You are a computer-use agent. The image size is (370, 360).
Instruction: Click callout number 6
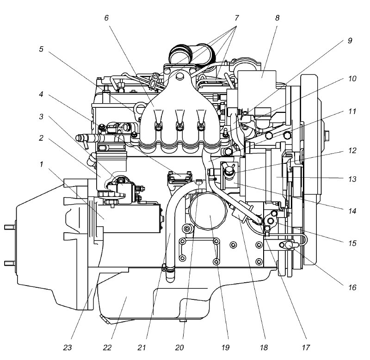[x=106, y=18]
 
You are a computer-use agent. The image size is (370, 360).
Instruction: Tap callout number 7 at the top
[x=236, y=18]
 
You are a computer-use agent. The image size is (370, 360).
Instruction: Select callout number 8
[x=277, y=18]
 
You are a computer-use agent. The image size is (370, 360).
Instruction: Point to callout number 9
[x=350, y=41]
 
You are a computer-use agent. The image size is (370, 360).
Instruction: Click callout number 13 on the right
[x=352, y=179]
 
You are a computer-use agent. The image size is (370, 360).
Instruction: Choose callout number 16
[x=352, y=287]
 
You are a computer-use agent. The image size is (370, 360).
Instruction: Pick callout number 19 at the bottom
[x=225, y=348]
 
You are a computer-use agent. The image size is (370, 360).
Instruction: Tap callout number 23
[x=67, y=348]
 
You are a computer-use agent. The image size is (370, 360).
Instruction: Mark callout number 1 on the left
[x=42, y=164]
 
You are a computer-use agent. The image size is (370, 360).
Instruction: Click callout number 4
[x=41, y=94]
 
